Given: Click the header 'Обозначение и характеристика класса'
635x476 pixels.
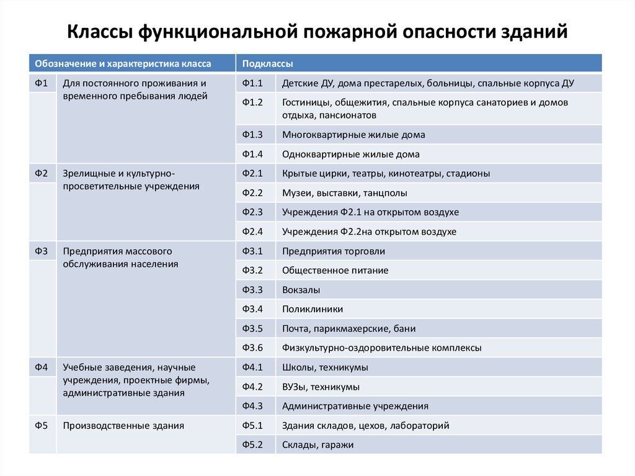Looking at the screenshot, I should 123,63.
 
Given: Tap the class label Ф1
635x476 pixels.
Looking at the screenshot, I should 42,83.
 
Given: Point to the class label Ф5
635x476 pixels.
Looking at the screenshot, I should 42,426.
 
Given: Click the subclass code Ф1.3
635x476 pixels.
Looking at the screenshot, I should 252,135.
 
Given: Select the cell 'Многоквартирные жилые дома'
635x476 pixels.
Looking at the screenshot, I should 353,135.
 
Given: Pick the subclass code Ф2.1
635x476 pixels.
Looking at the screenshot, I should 252,174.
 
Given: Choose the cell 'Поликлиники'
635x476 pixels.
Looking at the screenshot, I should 313,309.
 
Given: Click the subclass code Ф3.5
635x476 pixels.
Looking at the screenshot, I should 252,328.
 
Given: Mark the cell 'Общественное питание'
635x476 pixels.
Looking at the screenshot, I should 335,271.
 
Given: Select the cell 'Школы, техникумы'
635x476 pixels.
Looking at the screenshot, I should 325,367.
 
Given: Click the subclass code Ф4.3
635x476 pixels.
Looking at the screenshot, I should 252,406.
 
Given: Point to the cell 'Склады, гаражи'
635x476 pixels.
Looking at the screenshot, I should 317,445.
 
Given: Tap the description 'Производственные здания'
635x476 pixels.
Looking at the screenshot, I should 123,426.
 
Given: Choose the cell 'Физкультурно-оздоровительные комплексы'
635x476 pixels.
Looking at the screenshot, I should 381,348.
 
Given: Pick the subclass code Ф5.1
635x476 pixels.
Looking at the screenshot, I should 252,426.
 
